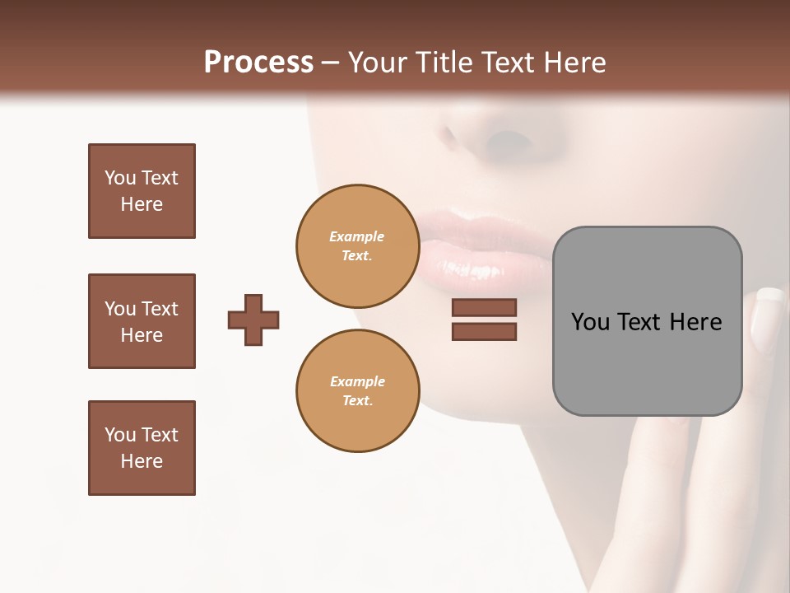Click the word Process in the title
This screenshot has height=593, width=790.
click(258, 63)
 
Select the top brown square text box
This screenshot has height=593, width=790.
click(142, 191)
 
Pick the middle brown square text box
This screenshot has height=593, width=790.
click(142, 321)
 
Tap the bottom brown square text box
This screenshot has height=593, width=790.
click(142, 448)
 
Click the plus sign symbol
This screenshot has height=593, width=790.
click(253, 320)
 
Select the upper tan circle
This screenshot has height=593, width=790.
click(357, 246)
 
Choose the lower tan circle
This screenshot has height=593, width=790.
click(357, 391)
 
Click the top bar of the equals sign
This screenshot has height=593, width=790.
click(484, 308)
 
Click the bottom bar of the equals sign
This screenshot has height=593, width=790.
click(484, 331)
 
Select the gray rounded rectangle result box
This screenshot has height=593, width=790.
click(647, 321)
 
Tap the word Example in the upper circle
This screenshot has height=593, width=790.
click(357, 236)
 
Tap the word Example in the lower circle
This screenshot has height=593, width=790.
click(357, 381)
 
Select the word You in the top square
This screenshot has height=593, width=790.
click(120, 178)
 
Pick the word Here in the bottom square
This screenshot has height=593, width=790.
click(142, 461)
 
